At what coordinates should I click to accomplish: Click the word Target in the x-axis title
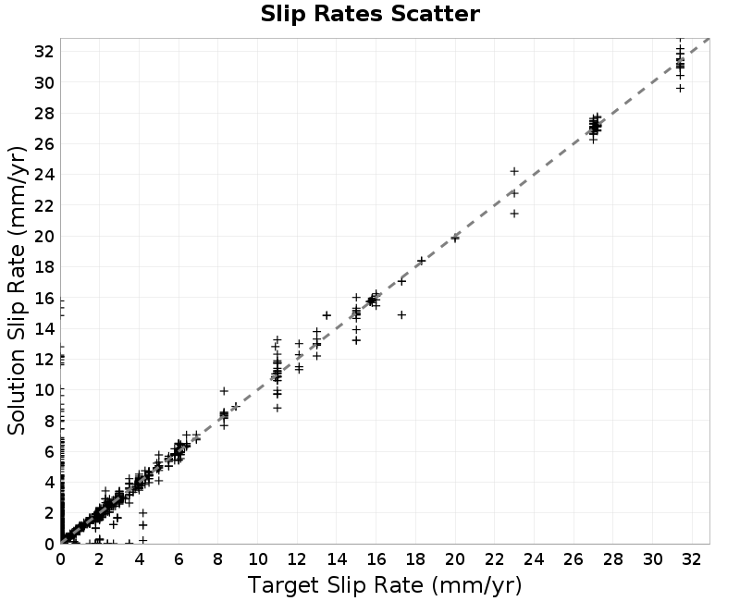point(282,585)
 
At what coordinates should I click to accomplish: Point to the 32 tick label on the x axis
point(691,559)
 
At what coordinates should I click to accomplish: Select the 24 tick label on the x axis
point(534,559)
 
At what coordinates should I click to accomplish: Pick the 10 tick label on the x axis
point(258,559)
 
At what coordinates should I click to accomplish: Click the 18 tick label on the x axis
point(415,559)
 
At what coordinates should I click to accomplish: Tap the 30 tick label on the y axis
point(44,82)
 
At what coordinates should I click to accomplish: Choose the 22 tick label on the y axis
point(44,205)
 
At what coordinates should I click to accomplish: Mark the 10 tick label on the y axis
point(44,390)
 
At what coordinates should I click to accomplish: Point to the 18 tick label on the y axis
point(44,267)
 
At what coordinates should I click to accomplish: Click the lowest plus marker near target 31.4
point(680,88)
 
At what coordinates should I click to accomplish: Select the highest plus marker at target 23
point(514,171)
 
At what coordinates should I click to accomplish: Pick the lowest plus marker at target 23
point(514,214)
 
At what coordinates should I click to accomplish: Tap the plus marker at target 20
point(455,239)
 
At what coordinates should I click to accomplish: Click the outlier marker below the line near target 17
point(401,314)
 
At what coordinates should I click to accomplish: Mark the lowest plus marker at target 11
point(277,408)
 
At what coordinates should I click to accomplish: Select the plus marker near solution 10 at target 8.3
point(224,391)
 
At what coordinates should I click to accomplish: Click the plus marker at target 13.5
point(327,315)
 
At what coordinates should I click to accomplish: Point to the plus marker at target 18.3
point(422,261)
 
